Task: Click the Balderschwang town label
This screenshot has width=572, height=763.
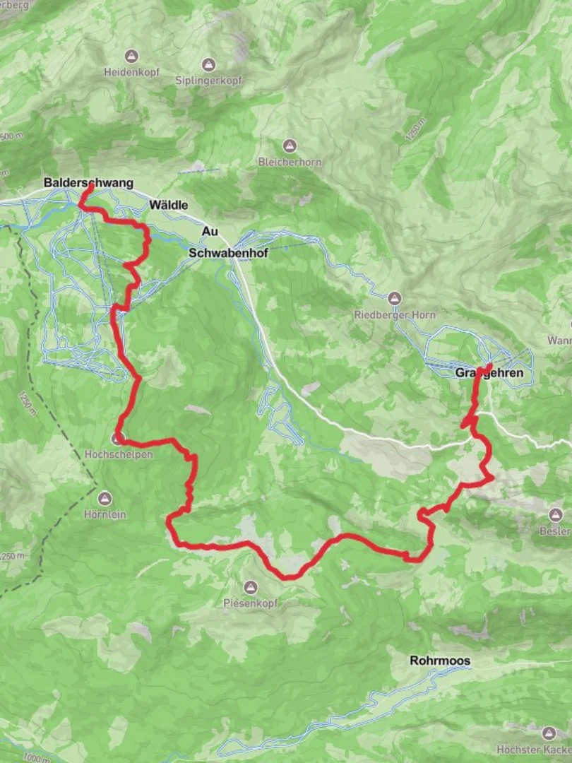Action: click(x=88, y=183)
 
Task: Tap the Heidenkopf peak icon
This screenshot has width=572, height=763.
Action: click(x=131, y=56)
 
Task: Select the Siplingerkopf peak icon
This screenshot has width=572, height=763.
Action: click(x=208, y=64)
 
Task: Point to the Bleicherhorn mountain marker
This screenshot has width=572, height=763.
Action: click(x=289, y=146)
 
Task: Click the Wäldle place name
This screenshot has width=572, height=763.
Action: click(x=169, y=205)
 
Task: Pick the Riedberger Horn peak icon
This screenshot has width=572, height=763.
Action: click(x=395, y=298)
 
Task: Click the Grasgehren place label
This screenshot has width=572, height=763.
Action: click(x=489, y=372)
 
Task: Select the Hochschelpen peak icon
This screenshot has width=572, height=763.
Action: click(x=118, y=439)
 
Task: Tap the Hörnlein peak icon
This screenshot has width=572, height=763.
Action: click(x=105, y=498)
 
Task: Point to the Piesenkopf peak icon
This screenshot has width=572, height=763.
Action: click(x=251, y=587)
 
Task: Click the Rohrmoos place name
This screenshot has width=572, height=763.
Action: click(x=439, y=661)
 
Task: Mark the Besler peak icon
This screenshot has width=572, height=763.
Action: click(x=555, y=515)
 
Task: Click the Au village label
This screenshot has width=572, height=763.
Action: click(x=210, y=231)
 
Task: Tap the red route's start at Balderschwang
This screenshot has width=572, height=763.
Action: click(x=90, y=189)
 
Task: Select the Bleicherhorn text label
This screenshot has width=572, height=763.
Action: click(x=290, y=162)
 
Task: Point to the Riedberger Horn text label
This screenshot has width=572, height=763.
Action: click(x=395, y=315)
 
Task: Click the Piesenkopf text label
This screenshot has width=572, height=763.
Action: click(x=251, y=603)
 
